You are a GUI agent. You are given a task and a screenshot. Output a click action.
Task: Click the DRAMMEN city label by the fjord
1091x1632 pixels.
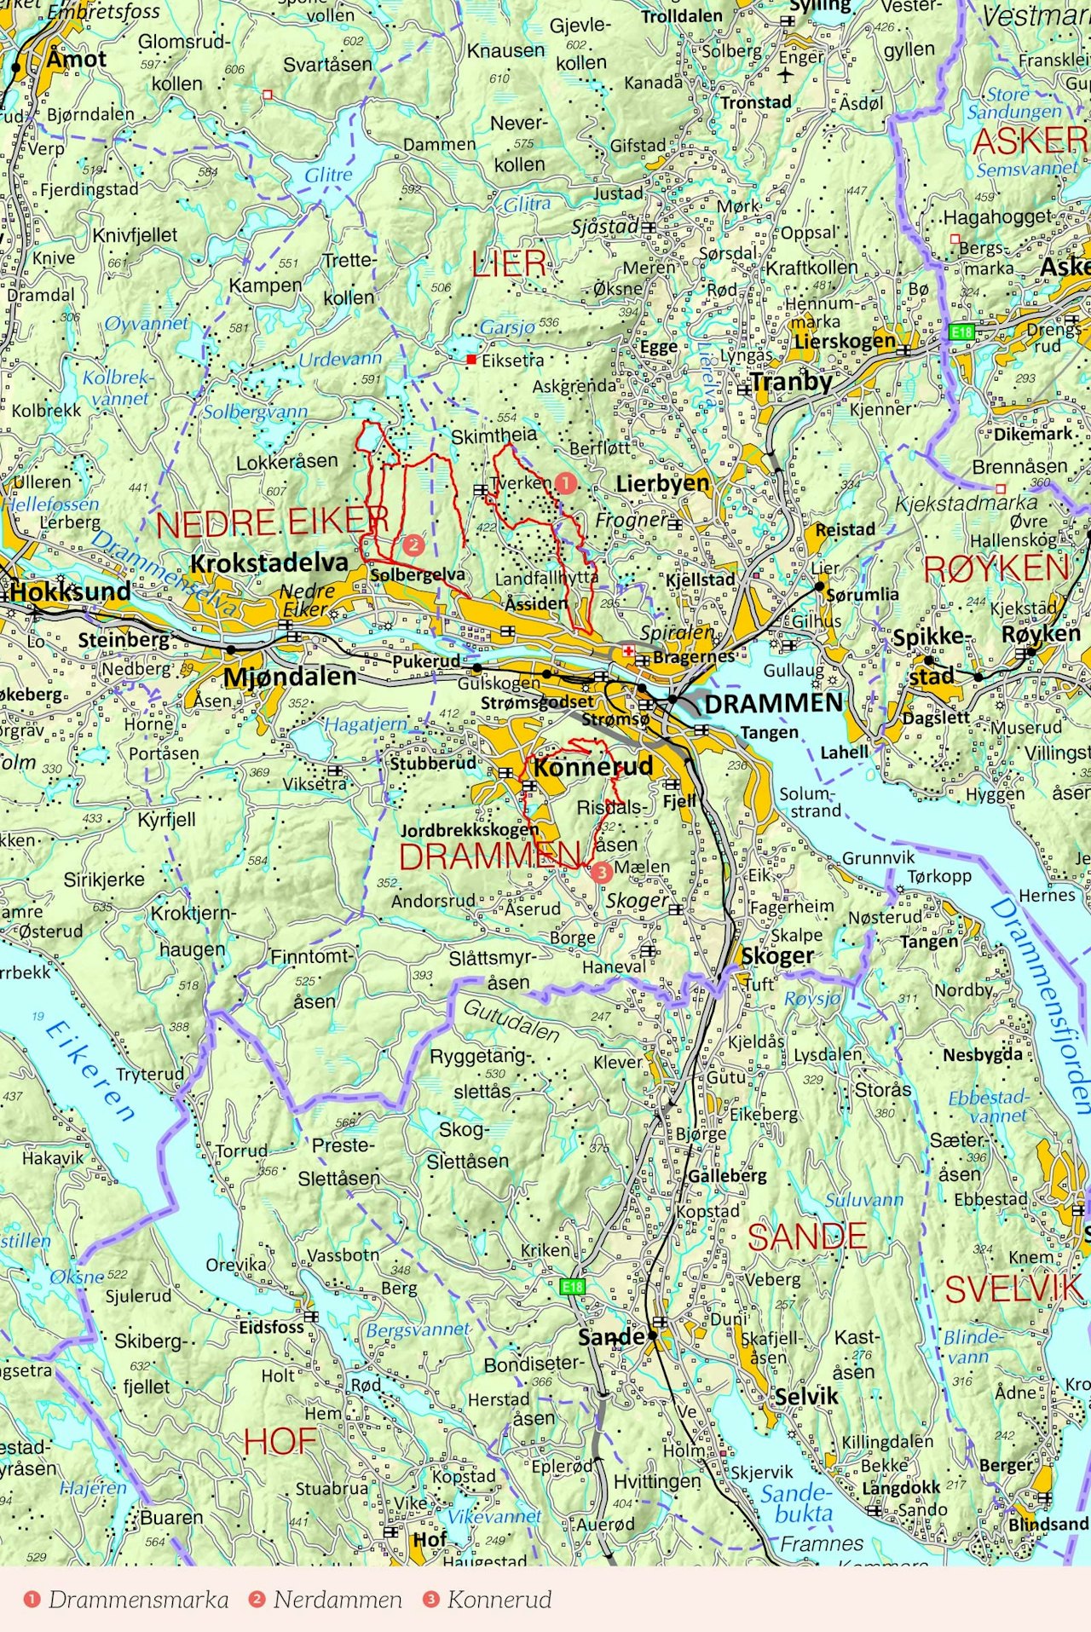(x=773, y=703)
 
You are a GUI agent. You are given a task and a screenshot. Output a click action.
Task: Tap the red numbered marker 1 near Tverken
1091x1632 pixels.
(x=565, y=484)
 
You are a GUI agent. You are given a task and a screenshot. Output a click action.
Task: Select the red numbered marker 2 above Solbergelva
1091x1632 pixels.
(x=413, y=545)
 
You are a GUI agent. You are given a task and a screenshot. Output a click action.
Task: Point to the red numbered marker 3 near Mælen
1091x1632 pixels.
(x=602, y=872)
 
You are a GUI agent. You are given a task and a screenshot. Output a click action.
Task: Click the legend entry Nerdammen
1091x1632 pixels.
(x=337, y=1600)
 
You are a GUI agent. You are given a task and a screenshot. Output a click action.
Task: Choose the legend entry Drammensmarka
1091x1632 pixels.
(x=138, y=1600)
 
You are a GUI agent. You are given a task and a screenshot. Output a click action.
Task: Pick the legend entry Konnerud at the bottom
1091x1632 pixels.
(x=499, y=1600)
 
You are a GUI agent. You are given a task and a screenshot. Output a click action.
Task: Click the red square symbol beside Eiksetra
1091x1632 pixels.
(x=470, y=360)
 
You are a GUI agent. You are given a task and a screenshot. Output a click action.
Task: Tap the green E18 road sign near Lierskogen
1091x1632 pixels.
(x=961, y=332)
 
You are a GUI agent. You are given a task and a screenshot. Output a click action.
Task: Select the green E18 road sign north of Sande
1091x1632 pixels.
(x=572, y=1287)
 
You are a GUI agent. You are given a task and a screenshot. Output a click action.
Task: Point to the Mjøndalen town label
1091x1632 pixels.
(x=290, y=677)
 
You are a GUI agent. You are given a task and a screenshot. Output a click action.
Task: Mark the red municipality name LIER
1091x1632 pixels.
(x=509, y=264)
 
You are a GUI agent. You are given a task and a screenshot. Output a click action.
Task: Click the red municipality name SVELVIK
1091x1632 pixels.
(x=1013, y=1289)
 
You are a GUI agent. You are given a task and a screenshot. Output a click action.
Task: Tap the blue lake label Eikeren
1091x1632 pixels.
(x=89, y=1072)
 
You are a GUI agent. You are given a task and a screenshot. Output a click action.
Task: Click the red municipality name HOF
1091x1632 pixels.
(x=280, y=1442)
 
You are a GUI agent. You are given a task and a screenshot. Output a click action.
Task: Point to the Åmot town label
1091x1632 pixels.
(x=77, y=60)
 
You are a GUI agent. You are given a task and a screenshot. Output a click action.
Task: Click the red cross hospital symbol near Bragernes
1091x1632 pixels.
(x=628, y=651)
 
